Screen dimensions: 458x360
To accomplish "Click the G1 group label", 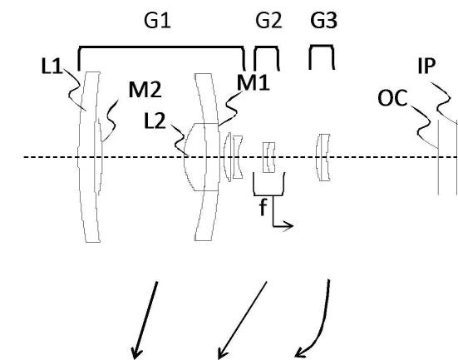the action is coord(157,21).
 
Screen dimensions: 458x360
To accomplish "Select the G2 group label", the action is coord(268,21).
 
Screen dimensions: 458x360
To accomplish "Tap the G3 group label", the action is coord(323,21).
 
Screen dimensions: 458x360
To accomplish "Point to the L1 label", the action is coord(52,66).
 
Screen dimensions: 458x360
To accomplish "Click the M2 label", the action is coord(145,90).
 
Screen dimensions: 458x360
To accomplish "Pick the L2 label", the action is coord(155,121).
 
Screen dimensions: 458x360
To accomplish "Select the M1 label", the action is coord(253,82).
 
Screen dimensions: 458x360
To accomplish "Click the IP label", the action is coord(426,66).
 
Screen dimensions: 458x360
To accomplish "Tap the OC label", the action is coord(392,98).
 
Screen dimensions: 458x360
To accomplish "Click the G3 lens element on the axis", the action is coord(323,157).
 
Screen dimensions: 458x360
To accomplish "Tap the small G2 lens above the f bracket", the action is coord(268,157).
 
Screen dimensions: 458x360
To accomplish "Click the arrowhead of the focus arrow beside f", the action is coord(289,225).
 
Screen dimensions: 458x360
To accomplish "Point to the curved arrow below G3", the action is coord(323,328).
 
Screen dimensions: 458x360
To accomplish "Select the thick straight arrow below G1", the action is coord(145,319).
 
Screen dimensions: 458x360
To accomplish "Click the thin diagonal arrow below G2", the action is coord(243,319).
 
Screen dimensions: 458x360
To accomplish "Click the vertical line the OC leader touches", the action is coord(438,157).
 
